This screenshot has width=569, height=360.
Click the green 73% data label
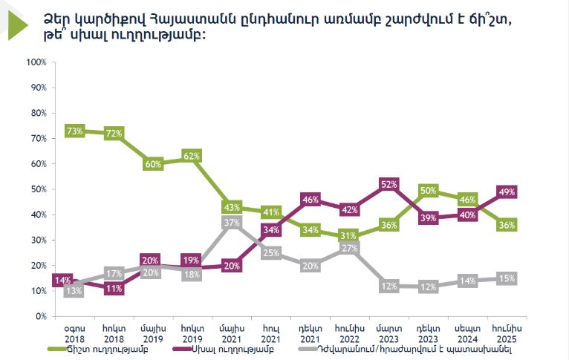74,131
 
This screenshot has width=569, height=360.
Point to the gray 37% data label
232,222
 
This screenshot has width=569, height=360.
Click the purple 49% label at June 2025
507,192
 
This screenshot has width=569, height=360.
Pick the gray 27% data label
350,248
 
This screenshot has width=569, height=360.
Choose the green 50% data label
429,191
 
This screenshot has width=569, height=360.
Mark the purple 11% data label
114,289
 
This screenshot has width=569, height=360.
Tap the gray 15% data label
507,278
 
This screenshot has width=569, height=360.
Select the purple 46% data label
310,199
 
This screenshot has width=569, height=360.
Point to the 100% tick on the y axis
36,62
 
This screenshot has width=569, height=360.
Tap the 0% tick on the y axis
41,316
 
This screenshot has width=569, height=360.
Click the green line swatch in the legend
59,348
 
